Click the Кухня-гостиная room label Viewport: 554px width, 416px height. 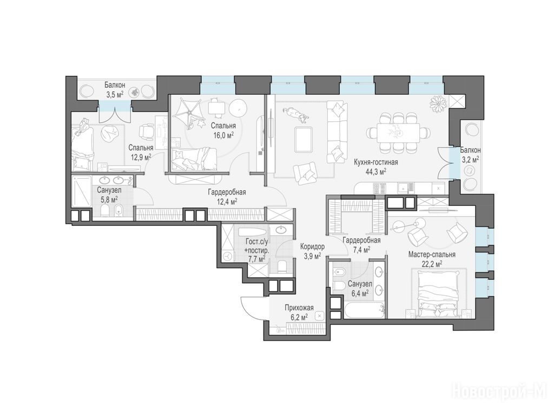point(376,162)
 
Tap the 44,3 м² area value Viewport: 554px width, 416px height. point(376,172)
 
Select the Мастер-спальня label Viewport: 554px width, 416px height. point(432,255)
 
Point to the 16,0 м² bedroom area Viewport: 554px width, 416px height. point(223,135)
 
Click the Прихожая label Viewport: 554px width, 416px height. point(299,308)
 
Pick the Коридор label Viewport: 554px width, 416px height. point(312,246)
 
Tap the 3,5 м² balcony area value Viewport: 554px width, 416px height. point(115,94)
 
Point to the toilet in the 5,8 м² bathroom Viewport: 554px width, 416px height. point(105,212)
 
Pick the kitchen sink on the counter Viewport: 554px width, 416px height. point(404,188)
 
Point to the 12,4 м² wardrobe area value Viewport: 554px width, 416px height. point(227,201)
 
